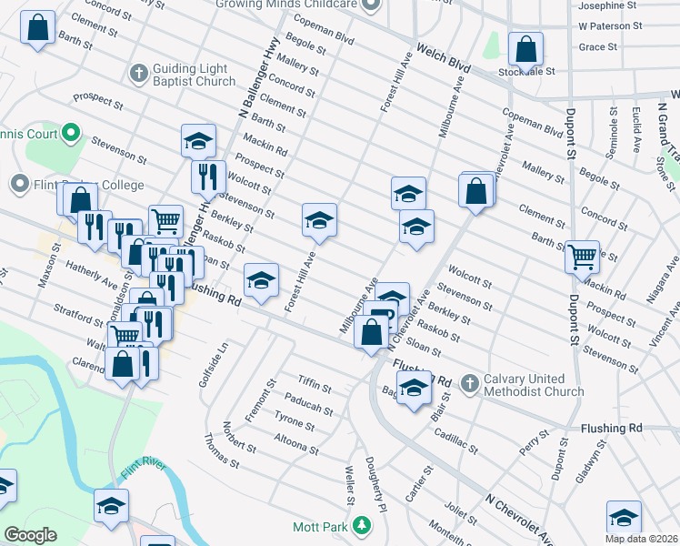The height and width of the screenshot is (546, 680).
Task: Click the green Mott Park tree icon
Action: click(x=362, y=526)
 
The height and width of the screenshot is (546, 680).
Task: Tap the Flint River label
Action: click(x=144, y=470)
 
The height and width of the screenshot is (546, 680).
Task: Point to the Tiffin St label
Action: click(x=315, y=383)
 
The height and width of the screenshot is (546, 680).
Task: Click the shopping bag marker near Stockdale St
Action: click(x=525, y=49)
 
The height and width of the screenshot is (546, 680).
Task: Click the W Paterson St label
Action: click(x=615, y=26)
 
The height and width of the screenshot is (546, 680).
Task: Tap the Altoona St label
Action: click(x=295, y=442)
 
